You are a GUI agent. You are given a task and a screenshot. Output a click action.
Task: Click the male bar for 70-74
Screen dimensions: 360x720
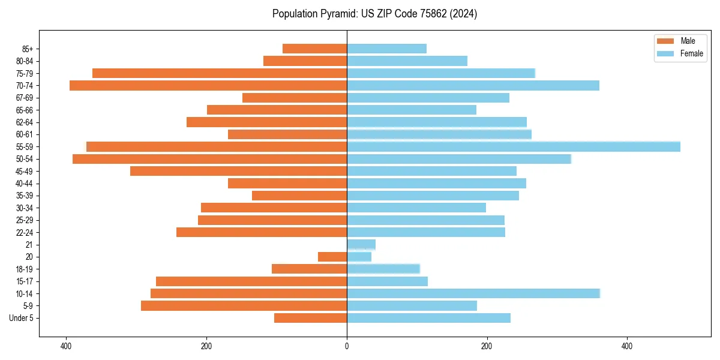tap(208, 85)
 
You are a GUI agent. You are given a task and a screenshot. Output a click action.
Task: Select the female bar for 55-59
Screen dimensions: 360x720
tap(514, 146)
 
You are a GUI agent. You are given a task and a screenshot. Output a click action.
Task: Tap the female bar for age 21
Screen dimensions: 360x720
tap(361, 244)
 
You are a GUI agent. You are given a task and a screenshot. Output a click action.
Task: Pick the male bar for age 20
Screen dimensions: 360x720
tap(332, 257)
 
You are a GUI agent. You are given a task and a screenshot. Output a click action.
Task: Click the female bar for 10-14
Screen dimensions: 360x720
tap(473, 293)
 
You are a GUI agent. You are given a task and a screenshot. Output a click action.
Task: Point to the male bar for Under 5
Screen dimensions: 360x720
tap(310, 318)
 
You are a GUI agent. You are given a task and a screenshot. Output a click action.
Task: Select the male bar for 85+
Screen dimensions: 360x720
tap(314, 49)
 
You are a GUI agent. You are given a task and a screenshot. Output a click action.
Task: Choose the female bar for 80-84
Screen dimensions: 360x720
tap(407, 61)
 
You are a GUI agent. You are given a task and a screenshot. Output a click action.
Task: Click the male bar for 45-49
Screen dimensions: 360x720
tap(238, 171)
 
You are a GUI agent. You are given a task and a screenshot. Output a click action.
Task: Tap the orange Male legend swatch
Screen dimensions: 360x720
tap(666, 41)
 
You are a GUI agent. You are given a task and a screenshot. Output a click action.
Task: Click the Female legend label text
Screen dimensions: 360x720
tap(692, 53)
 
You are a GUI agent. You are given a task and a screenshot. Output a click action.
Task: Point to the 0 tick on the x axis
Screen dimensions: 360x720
tap(347, 346)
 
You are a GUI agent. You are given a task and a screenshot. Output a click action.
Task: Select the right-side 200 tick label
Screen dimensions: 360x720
tap(487, 346)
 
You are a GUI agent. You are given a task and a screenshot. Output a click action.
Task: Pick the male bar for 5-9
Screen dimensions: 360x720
tap(244, 305)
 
